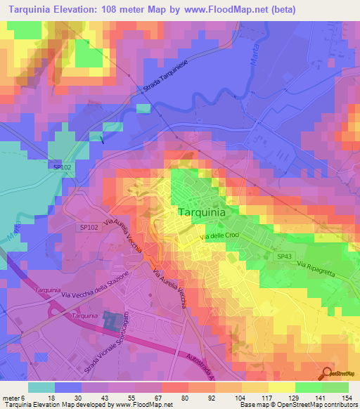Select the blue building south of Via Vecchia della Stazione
tap(112, 322)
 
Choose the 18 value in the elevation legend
tap(51, 398)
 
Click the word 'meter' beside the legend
tap(13, 398)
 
